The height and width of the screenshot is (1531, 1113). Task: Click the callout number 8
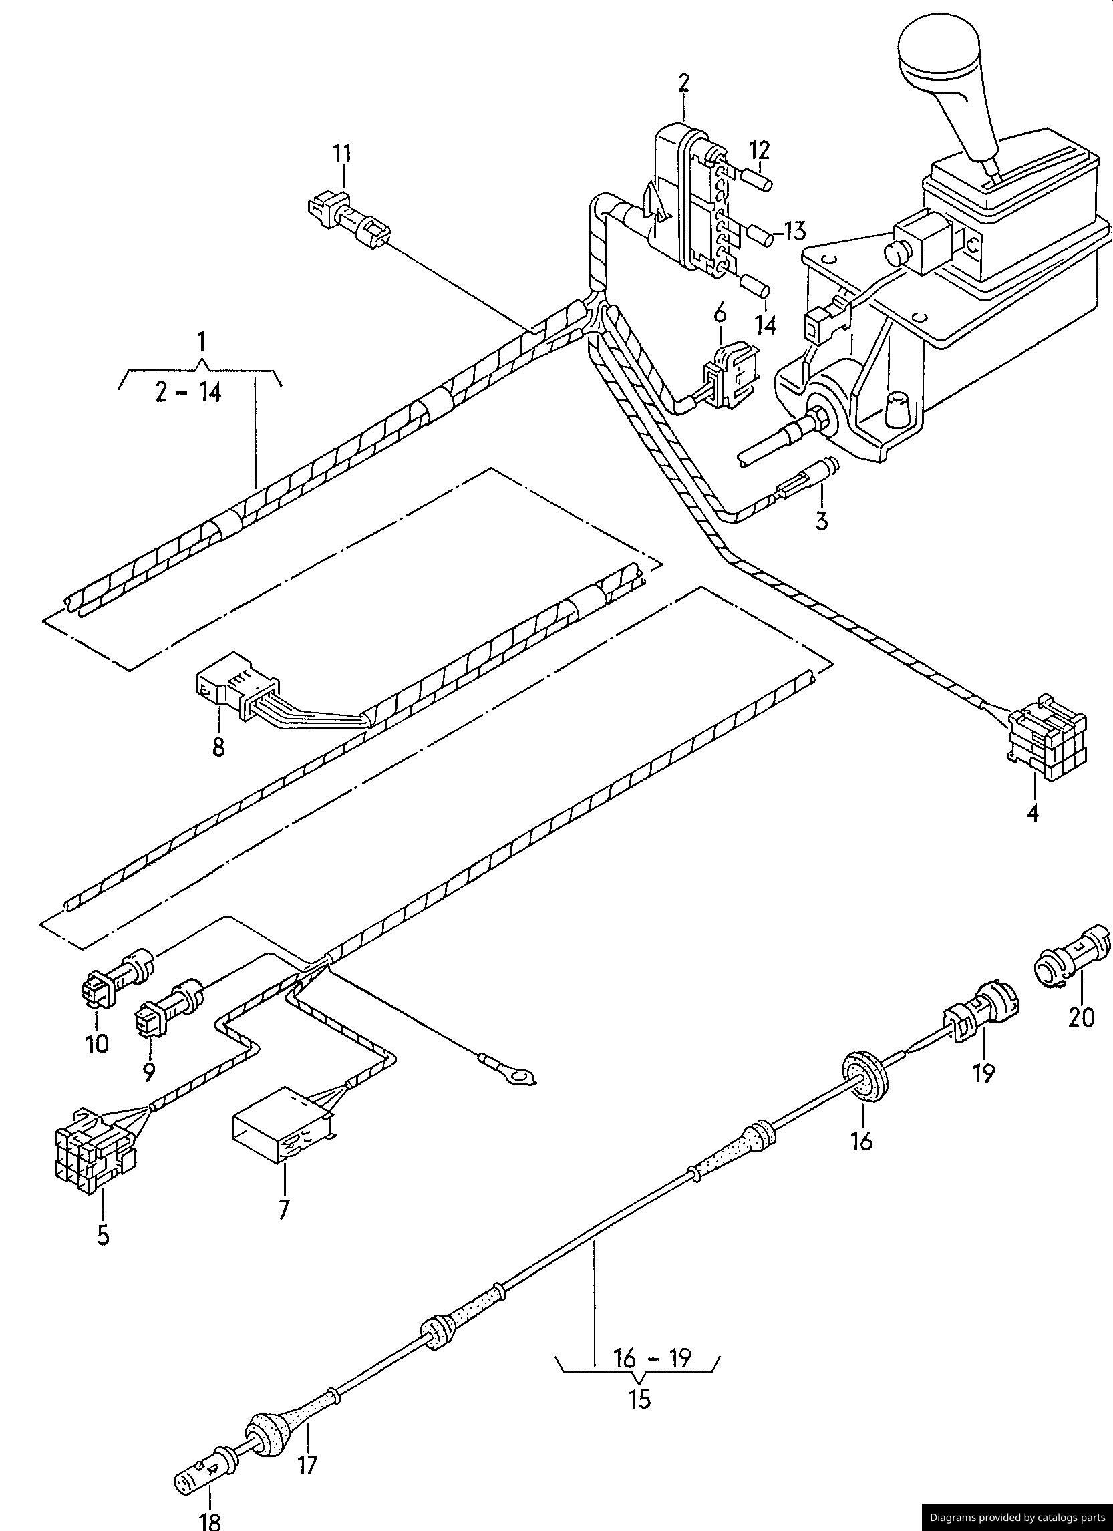tap(218, 747)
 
